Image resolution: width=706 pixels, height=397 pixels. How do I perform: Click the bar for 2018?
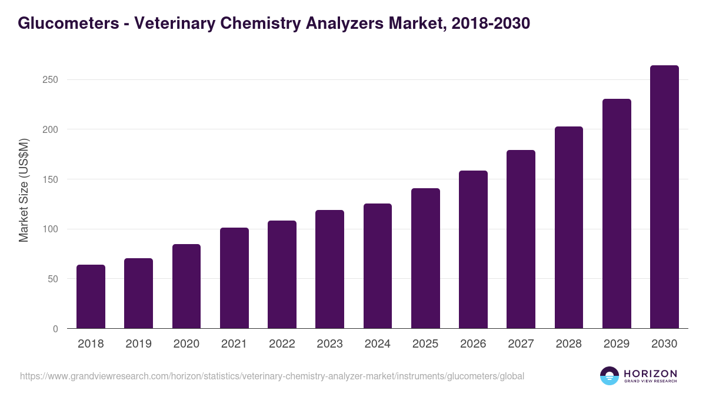[91, 297]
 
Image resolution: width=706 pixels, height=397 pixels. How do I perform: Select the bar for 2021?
[234, 278]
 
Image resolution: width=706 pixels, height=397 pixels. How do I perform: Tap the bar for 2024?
[378, 266]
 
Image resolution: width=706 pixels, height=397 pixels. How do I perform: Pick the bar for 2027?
[521, 239]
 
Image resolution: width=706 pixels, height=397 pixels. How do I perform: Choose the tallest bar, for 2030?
[664, 197]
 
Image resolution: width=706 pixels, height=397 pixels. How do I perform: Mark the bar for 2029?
[617, 213]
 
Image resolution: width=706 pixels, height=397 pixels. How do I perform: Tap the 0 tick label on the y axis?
[55, 329]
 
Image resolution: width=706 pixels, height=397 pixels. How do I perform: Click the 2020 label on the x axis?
[186, 344]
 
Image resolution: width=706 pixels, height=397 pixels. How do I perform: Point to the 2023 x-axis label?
[329, 344]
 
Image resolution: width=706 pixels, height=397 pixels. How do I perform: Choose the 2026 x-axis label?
[473, 344]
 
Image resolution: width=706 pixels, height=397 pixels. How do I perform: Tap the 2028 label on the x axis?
[568, 344]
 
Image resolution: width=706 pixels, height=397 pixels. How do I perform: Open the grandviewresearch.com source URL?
[272, 376]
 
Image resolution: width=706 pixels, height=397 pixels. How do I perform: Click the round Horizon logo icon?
[610, 376]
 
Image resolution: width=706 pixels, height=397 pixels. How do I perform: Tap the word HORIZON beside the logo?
[650, 373]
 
